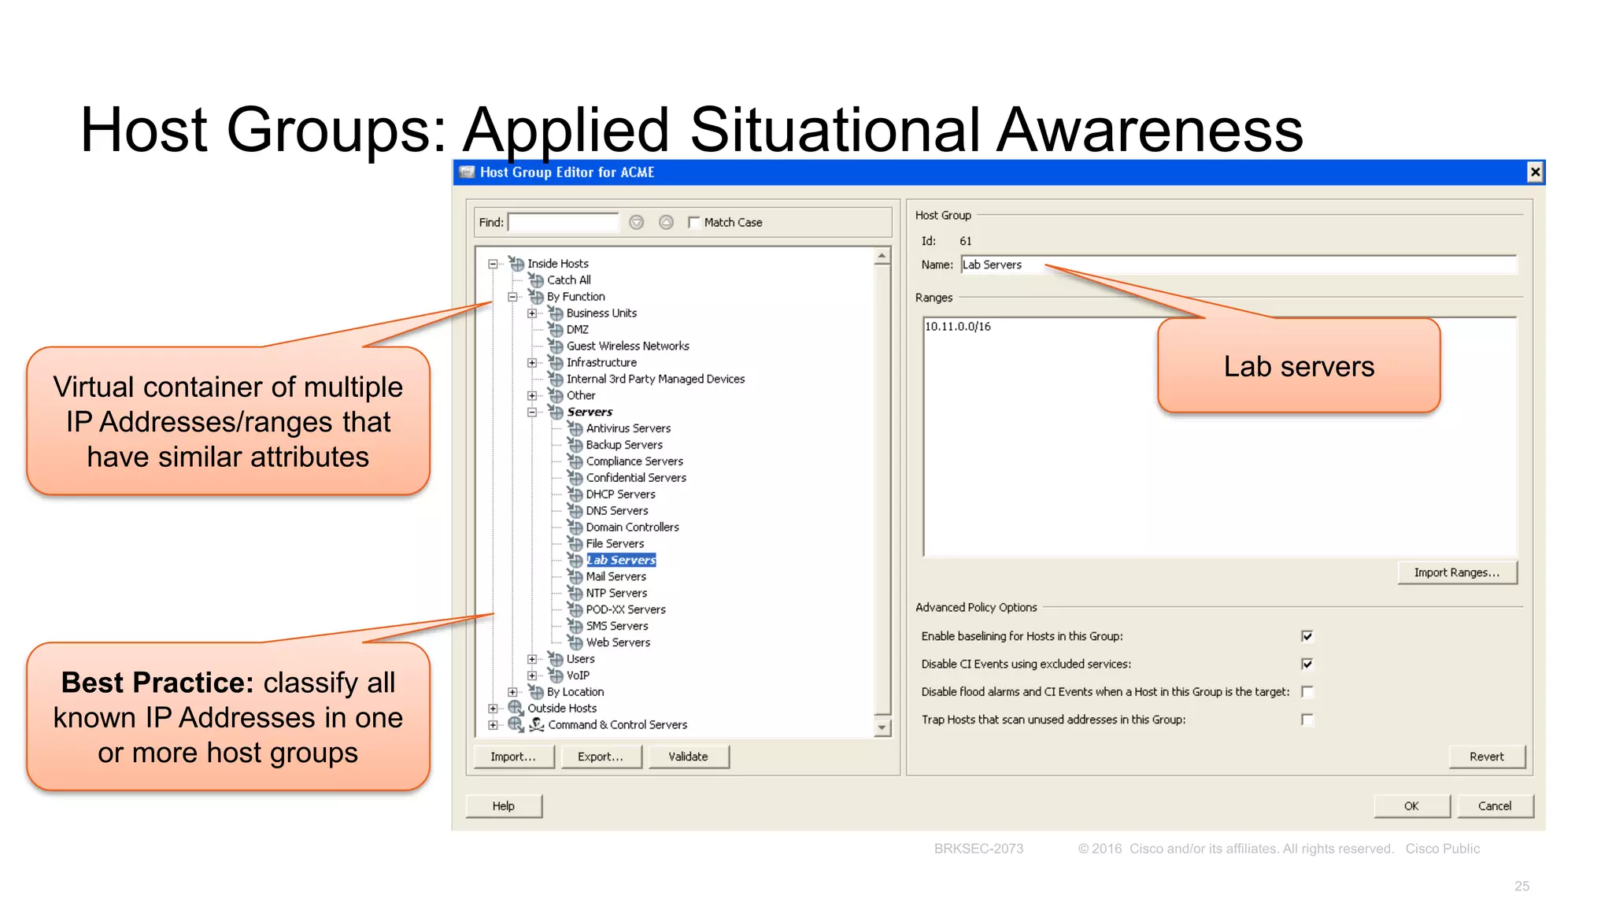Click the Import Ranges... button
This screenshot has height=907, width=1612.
(1456, 572)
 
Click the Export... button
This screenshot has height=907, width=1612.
(601, 757)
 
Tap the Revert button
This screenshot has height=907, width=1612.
(1486, 757)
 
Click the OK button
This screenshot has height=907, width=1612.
(1411, 806)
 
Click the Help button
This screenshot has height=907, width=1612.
(504, 806)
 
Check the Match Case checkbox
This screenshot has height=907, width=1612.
(693, 223)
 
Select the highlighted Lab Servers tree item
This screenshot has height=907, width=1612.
(621, 560)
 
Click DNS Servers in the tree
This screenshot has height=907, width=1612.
(617, 511)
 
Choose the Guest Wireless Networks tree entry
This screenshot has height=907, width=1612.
(627, 346)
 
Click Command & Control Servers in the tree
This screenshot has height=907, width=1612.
(617, 724)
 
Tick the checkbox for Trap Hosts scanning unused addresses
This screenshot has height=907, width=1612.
(1307, 720)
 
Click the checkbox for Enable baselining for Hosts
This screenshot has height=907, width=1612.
(1307, 636)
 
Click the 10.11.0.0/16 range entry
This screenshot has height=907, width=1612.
(958, 327)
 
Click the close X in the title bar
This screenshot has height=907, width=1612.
(1534, 172)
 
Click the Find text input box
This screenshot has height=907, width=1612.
(564, 223)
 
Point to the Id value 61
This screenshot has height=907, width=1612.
(966, 242)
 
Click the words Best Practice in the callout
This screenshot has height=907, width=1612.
(157, 683)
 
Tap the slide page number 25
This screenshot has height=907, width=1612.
(1521, 886)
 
